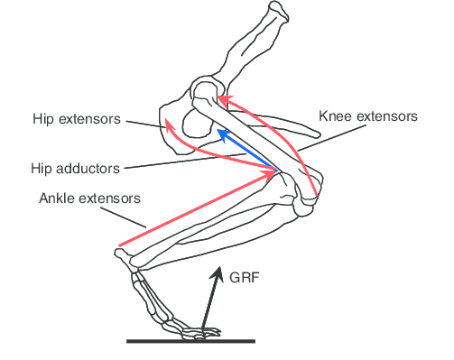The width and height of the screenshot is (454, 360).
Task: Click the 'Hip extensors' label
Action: pos(76,118)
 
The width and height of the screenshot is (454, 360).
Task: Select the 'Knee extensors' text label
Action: pos(368,116)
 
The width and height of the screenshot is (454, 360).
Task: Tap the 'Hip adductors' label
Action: pos(75,169)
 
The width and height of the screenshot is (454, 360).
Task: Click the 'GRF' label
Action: pos(245,279)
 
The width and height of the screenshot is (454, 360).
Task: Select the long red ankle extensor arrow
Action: pos(194,209)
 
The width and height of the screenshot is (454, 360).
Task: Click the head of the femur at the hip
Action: pos(206,93)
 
